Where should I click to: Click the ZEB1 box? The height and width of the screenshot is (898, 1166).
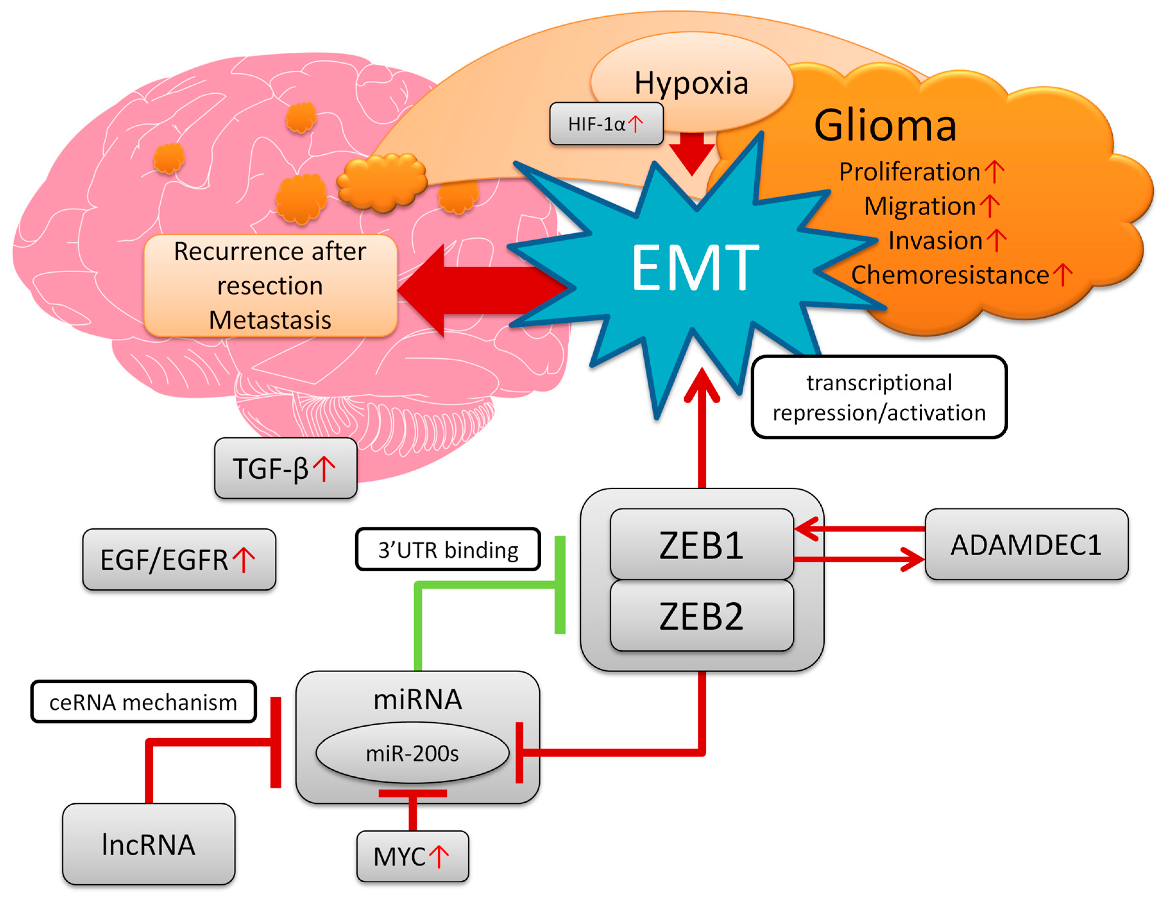(x=701, y=545)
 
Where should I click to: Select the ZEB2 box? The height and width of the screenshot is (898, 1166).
(x=701, y=616)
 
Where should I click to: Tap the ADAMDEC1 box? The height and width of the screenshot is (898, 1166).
(x=1026, y=544)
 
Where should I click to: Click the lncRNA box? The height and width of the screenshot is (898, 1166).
(x=148, y=844)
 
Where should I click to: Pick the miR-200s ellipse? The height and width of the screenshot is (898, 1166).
(x=412, y=753)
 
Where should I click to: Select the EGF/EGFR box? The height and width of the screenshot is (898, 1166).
(x=179, y=559)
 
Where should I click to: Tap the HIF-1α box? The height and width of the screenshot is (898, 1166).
(x=606, y=124)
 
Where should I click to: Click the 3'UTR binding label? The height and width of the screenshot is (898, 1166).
(x=448, y=550)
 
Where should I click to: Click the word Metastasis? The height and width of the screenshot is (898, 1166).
(x=270, y=320)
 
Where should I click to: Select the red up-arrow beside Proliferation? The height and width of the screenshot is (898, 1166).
(x=994, y=171)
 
